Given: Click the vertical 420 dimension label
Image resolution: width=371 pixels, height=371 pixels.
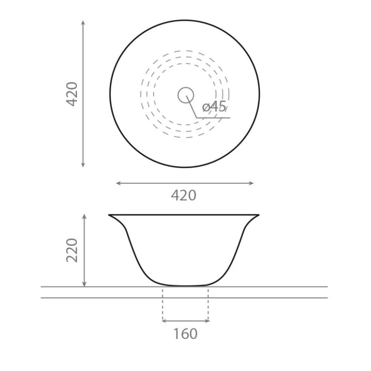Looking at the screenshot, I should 72,94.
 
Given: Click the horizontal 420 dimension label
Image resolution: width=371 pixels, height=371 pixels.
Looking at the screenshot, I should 184,195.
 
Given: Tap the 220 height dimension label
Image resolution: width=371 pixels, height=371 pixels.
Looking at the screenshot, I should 72,250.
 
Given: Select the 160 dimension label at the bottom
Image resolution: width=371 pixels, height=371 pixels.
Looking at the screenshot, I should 185,333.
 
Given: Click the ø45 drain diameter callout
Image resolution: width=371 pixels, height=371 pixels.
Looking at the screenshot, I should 214,107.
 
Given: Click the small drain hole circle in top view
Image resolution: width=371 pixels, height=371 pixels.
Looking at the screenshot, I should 186,95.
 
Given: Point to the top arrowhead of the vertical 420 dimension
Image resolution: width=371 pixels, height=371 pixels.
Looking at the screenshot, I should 83,21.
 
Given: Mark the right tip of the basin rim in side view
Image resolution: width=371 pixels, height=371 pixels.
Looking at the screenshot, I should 259,215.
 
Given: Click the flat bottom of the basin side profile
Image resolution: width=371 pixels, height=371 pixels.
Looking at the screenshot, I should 185,285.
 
